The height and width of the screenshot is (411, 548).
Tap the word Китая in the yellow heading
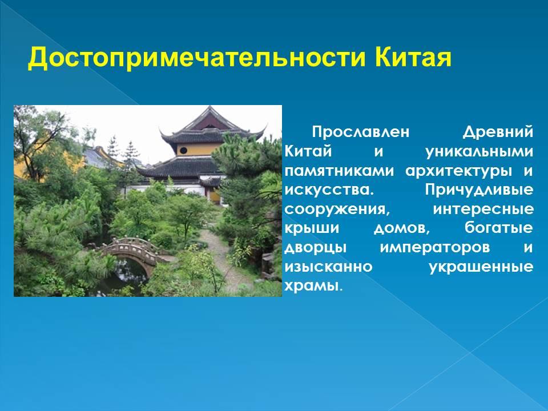pyautogui.click(x=413, y=57)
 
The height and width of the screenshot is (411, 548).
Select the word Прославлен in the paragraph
pyautogui.click(x=360, y=132)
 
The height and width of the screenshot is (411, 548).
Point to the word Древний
pyautogui.click(x=498, y=132)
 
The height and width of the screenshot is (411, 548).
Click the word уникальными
pyautogui.click(x=479, y=152)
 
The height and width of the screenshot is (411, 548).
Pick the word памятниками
pyautogui.click(x=339, y=171)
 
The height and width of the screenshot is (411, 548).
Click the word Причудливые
pyautogui.click(x=479, y=191)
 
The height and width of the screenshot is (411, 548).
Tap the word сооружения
pyautogui.click(x=337, y=210)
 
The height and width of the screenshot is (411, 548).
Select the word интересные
pyautogui.click(x=483, y=209)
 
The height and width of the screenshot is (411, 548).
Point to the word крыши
pyautogui.click(x=312, y=229)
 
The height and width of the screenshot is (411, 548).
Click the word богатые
pyautogui.click(x=499, y=228)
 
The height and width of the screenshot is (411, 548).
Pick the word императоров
pyautogui.click(x=435, y=248)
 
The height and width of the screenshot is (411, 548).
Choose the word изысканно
pyautogui.click(x=329, y=267)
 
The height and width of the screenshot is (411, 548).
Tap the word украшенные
pyautogui.click(x=481, y=267)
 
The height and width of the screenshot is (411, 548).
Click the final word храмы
pyautogui.click(x=312, y=286)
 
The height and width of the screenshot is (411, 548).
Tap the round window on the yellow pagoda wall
pyautogui.click(x=183, y=150)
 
